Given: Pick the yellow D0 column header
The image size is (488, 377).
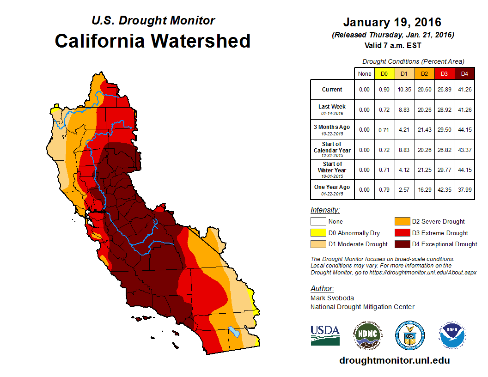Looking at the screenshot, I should point(384,73).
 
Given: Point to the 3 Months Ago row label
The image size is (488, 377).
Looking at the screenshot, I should point(332,129).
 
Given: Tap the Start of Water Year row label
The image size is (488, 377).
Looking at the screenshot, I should point(332,170).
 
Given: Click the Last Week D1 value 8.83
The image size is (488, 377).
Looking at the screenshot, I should point(404,109).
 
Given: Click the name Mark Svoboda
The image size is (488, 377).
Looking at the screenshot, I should point(332,298).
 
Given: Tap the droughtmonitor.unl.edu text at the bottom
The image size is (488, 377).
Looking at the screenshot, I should point(394,360).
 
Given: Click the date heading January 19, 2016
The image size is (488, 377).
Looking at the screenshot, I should point(392,22).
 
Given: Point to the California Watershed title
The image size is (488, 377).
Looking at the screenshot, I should point(152,41).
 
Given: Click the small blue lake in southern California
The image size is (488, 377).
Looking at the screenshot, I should point(234,332).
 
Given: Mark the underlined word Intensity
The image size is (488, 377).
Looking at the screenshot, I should point(325,210).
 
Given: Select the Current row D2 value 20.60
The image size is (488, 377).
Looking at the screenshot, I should point(424,90).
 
